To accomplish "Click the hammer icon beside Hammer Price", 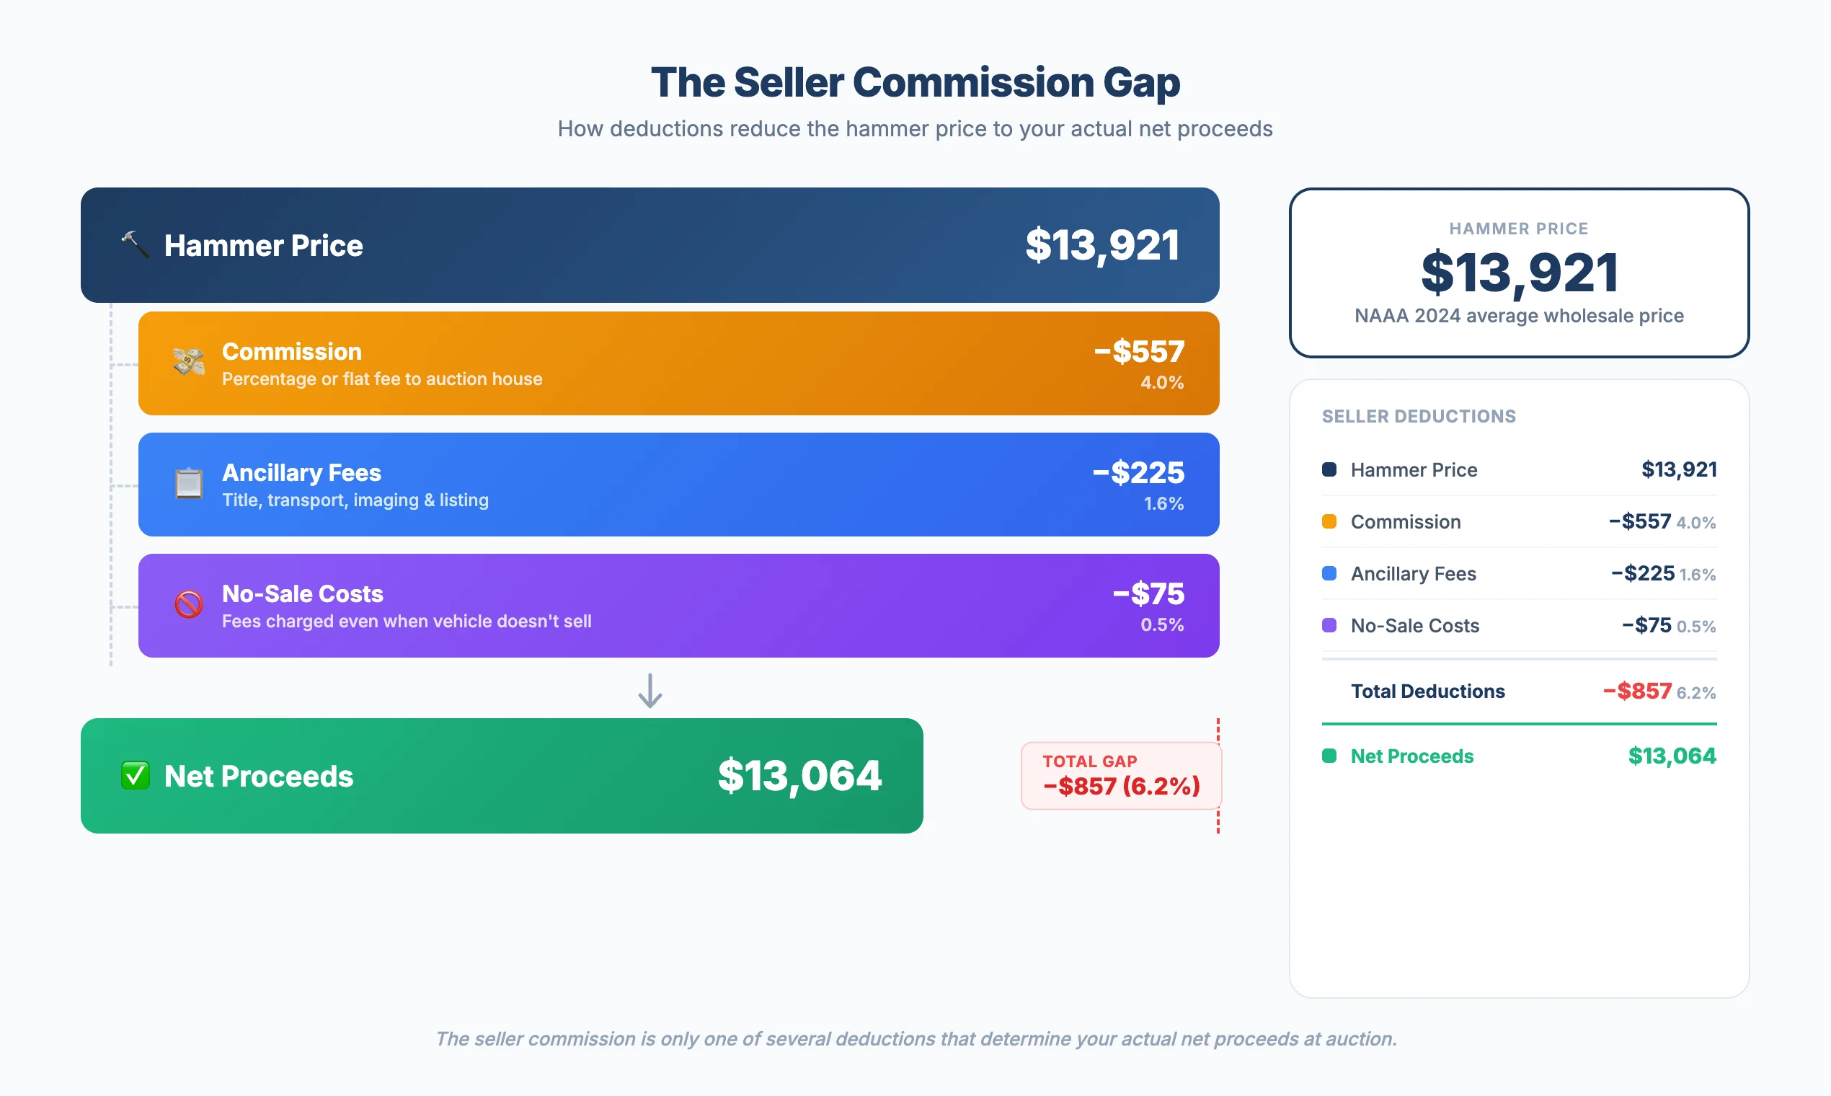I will [135, 244].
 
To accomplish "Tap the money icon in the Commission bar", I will [189, 363].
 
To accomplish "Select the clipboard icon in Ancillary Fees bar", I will [189, 484].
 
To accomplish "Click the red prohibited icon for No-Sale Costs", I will [189, 605].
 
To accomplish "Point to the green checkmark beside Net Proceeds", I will [135, 775].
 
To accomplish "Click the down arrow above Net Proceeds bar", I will [650, 691].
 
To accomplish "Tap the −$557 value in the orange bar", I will [1138, 352].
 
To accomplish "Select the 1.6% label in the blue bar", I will [1163, 504].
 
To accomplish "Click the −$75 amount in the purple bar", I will [1148, 594].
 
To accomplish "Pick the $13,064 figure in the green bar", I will [799, 775].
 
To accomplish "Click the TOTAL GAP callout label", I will [1090, 761].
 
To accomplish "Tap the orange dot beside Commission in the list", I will [1329, 521].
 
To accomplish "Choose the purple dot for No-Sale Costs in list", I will [1329, 626].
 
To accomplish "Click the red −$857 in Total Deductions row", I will [1637, 691].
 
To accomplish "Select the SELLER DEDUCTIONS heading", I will [1418, 417].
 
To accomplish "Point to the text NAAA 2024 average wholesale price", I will [1519, 316].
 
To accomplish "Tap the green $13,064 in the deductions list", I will [1672, 756].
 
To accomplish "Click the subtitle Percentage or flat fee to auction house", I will [382, 379].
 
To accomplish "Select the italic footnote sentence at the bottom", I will [915, 1038].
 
